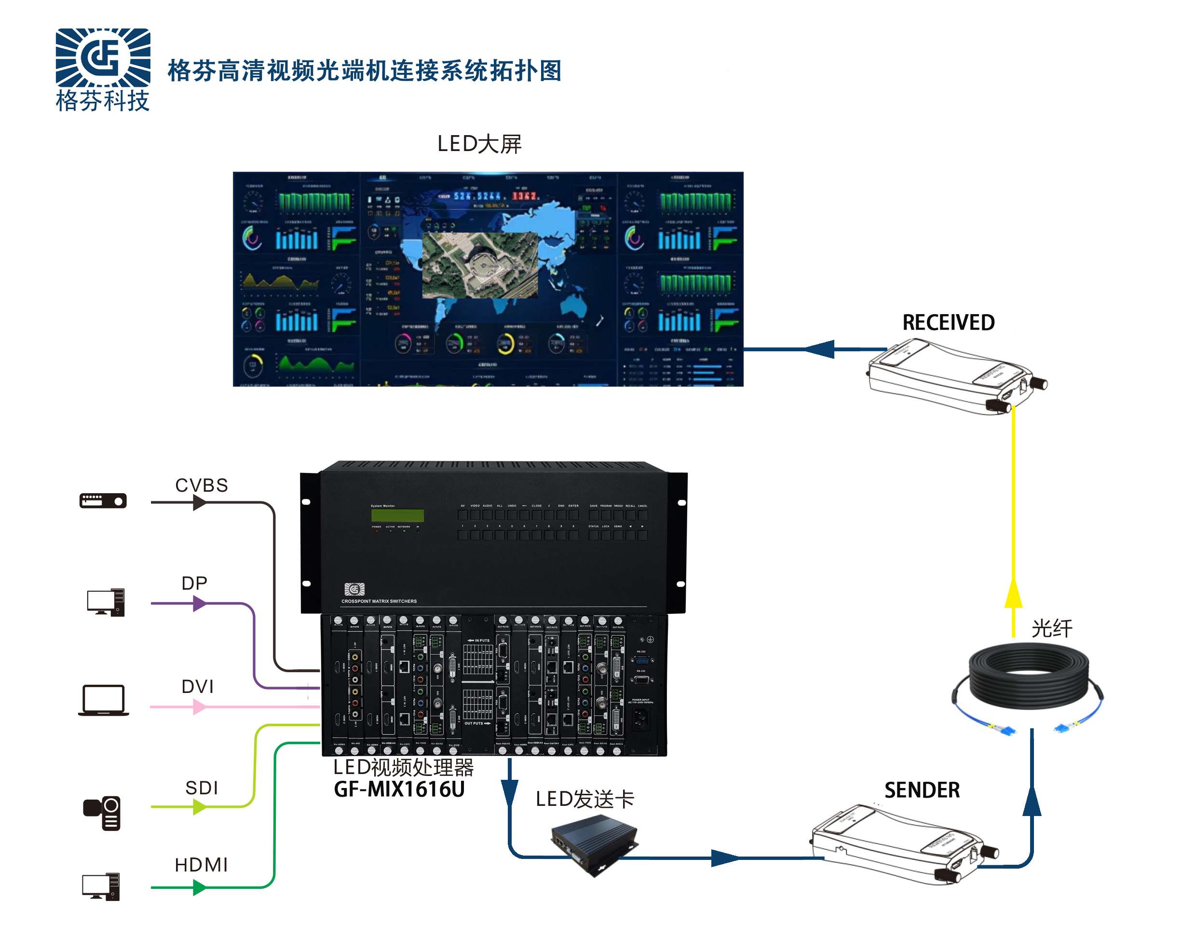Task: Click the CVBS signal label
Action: tap(202, 485)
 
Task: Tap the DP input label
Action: tap(194, 583)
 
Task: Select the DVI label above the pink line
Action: tap(197, 687)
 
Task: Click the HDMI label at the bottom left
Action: tap(201, 865)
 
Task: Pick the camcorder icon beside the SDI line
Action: tap(102, 813)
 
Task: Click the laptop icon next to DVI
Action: tap(104, 700)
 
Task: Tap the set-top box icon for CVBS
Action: tap(103, 501)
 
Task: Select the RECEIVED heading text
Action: tap(949, 323)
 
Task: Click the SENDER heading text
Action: tap(922, 790)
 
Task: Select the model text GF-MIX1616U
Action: tap(399, 789)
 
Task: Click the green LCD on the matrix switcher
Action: tap(397, 515)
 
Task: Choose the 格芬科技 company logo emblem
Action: tap(103, 57)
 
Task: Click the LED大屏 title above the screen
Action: tap(479, 144)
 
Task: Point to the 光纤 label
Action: tap(1051, 628)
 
